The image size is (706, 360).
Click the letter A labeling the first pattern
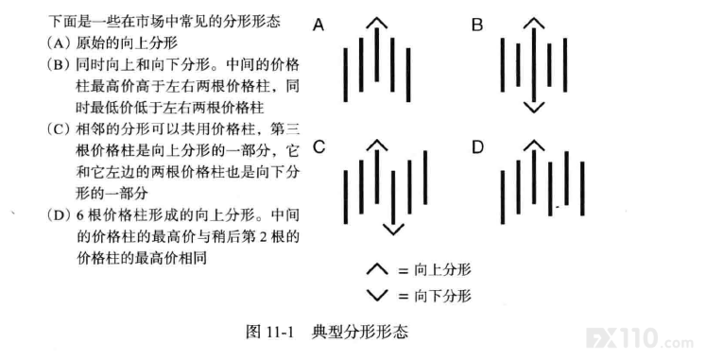(x=319, y=25)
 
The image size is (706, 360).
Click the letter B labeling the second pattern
(x=477, y=25)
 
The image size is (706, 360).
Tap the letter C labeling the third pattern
(x=319, y=146)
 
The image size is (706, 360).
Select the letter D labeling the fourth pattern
(x=477, y=146)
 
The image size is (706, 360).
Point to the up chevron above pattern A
(x=376, y=23)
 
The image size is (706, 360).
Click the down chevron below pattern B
(x=534, y=108)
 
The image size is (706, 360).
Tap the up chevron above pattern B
(x=534, y=23)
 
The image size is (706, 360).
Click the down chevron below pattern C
(x=393, y=230)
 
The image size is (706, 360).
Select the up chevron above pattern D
(x=534, y=145)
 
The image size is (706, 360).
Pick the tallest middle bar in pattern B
(x=534, y=65)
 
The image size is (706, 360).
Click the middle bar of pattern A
(x=376, y=55)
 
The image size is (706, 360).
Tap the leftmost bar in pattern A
(x=345, y=75)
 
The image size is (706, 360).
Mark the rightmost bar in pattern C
(x=425, y=178)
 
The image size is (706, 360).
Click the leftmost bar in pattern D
(x=503, y=197)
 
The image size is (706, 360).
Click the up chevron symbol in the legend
(x=377, y=269)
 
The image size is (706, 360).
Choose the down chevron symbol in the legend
(x=377, y=295)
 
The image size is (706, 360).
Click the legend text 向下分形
(x=442, y=296)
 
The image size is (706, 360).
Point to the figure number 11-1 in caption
(x=280, y=333)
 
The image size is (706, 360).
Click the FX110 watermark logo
(x=639, y=338)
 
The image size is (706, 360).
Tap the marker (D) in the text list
(x=59, y=214)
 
